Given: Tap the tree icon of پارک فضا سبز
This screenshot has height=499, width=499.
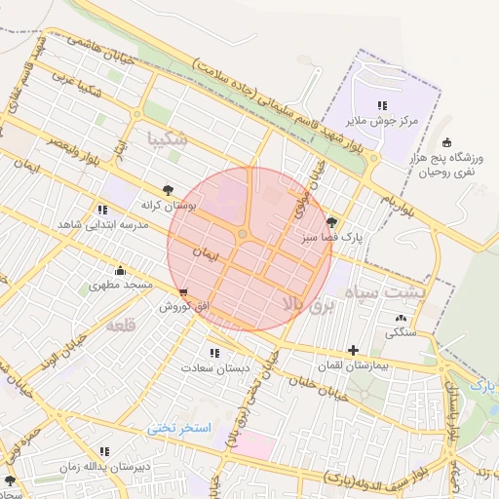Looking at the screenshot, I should (x=331, y=222).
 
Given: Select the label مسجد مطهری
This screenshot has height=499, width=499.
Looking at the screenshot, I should (x=121, y=285).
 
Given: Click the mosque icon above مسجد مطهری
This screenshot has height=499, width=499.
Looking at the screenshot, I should (x=120, y=270).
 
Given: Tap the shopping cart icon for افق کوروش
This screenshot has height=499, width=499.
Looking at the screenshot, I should (x=184, y=292).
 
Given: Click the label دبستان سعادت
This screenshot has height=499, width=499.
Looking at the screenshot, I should (x=215, y=368).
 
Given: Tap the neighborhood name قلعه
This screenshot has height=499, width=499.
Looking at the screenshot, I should (x=119, y=323).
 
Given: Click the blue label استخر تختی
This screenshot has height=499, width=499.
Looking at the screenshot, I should (x=179, y=428).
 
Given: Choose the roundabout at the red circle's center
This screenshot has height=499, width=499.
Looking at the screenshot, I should (x=243, y=234).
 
